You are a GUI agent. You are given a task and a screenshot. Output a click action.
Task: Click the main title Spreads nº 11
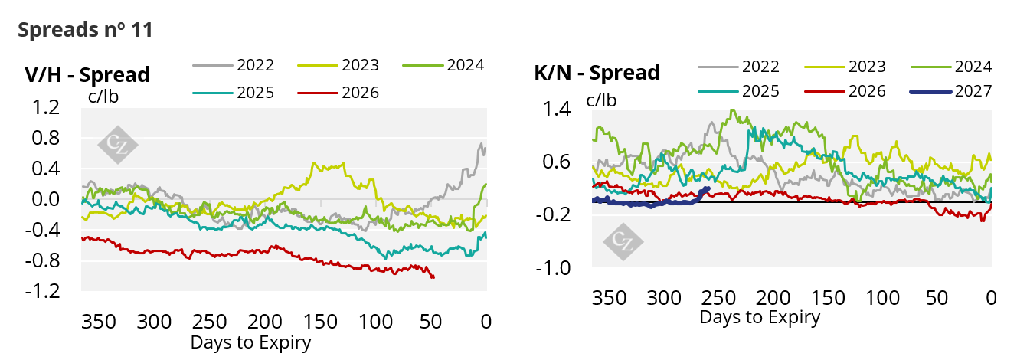(x=85, y=30)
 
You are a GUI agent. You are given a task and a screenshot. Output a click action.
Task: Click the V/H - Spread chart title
(x=87, y=74)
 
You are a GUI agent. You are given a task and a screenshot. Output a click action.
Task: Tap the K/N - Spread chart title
(x=597, y=73)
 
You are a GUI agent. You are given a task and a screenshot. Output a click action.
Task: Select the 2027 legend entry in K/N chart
(x=951, y=91)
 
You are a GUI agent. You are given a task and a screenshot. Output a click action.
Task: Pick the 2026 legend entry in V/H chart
(x=338, y=93)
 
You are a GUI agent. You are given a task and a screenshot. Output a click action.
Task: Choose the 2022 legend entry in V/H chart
(x=234, y=65)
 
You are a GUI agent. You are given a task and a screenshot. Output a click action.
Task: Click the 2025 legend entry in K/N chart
(x=739, y=91)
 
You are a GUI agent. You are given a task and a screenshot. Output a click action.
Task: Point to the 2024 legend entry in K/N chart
(x=951, y=67)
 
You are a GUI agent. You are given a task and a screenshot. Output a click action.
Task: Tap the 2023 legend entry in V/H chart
(x=338, y=65)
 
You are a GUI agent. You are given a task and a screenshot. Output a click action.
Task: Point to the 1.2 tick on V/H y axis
(x=46, y=107)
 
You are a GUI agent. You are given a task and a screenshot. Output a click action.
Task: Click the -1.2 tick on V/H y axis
(x=43, y=291)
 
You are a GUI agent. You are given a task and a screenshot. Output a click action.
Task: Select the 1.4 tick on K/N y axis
(x=557, y=109)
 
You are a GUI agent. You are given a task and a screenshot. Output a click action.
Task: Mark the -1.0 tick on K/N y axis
(x=554, y=268)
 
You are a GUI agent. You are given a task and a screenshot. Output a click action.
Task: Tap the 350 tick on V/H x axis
(x=99, y=322)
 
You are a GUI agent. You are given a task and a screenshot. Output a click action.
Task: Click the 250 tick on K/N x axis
(x=718, y=298)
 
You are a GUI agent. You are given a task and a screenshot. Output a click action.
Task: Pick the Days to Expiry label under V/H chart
(x=251, y=342)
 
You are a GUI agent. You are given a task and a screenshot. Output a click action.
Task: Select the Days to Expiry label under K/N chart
(x=760, y=317)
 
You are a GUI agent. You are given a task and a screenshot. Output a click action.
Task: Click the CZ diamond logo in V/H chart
(x=118, y=145)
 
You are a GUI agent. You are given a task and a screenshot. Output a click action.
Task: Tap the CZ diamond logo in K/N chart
(x=623, y=241)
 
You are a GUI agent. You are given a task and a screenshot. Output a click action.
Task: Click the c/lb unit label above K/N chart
(x=601, y=100)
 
